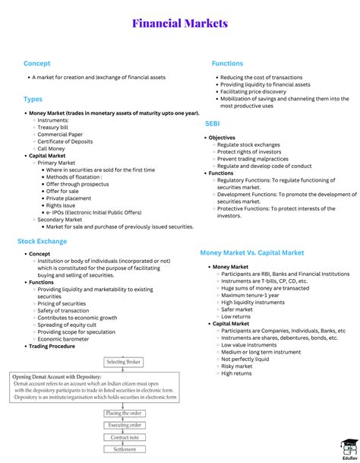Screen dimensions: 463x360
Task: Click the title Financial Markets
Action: coord(180,24)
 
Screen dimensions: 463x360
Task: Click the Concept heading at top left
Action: coord(37,63)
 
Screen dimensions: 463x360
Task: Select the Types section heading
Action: coord(33,99)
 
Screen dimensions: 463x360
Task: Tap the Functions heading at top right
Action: coord(227,63)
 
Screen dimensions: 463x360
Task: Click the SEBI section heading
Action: coord(213,122)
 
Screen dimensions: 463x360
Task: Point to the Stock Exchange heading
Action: coord(43,241)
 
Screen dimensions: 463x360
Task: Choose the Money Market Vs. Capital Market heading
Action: coord(251,252)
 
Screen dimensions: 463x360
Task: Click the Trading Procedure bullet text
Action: coord(52,347)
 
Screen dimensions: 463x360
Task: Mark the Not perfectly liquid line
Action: coord(245,358)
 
